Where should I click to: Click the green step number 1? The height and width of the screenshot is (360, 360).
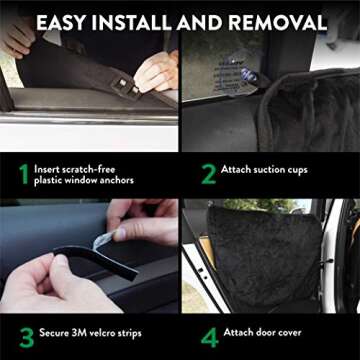pos(21,174)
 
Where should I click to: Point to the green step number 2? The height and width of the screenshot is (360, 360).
pos(208,173)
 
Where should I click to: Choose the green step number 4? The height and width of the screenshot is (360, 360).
pos(208,331)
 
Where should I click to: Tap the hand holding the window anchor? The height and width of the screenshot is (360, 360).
pos(155,72)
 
